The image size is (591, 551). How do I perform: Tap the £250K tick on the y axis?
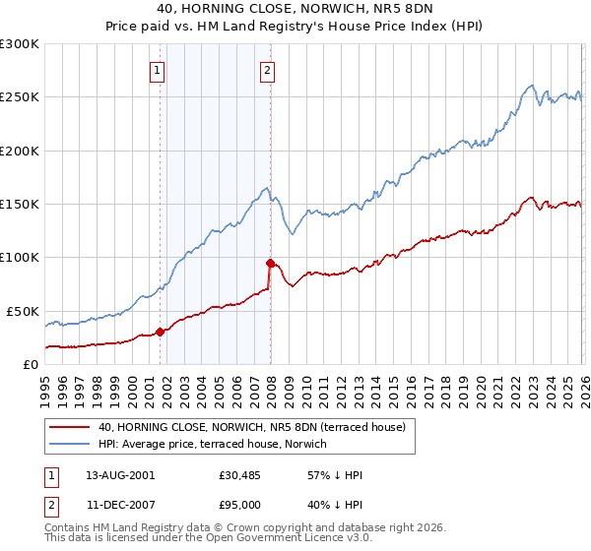coord(20,97)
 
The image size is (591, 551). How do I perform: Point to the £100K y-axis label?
coord(20,258)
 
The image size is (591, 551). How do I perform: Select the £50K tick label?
coord(23,311)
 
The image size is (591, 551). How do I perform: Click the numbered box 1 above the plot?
coord(158,70)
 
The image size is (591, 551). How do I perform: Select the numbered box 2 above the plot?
coord(267,70)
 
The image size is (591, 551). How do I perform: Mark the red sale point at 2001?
coord(160,332)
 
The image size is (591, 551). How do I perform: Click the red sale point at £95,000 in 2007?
coord(269,263)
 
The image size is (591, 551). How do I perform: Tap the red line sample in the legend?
coord(71,427)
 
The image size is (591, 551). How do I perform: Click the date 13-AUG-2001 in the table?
coord(120,475)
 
